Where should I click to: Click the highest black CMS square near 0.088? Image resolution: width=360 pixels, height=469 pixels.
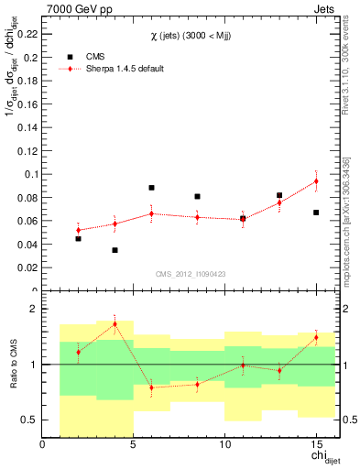[x=151, y=188]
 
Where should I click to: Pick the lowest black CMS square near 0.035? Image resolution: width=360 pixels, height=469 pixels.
[x=115, y=250]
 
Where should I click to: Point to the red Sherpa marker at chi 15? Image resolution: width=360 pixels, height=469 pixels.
[x=316, y=180]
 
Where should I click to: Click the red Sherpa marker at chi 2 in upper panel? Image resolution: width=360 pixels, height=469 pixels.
[x=78, y=230]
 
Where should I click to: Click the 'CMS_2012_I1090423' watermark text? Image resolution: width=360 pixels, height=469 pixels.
[x=190, y=272]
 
